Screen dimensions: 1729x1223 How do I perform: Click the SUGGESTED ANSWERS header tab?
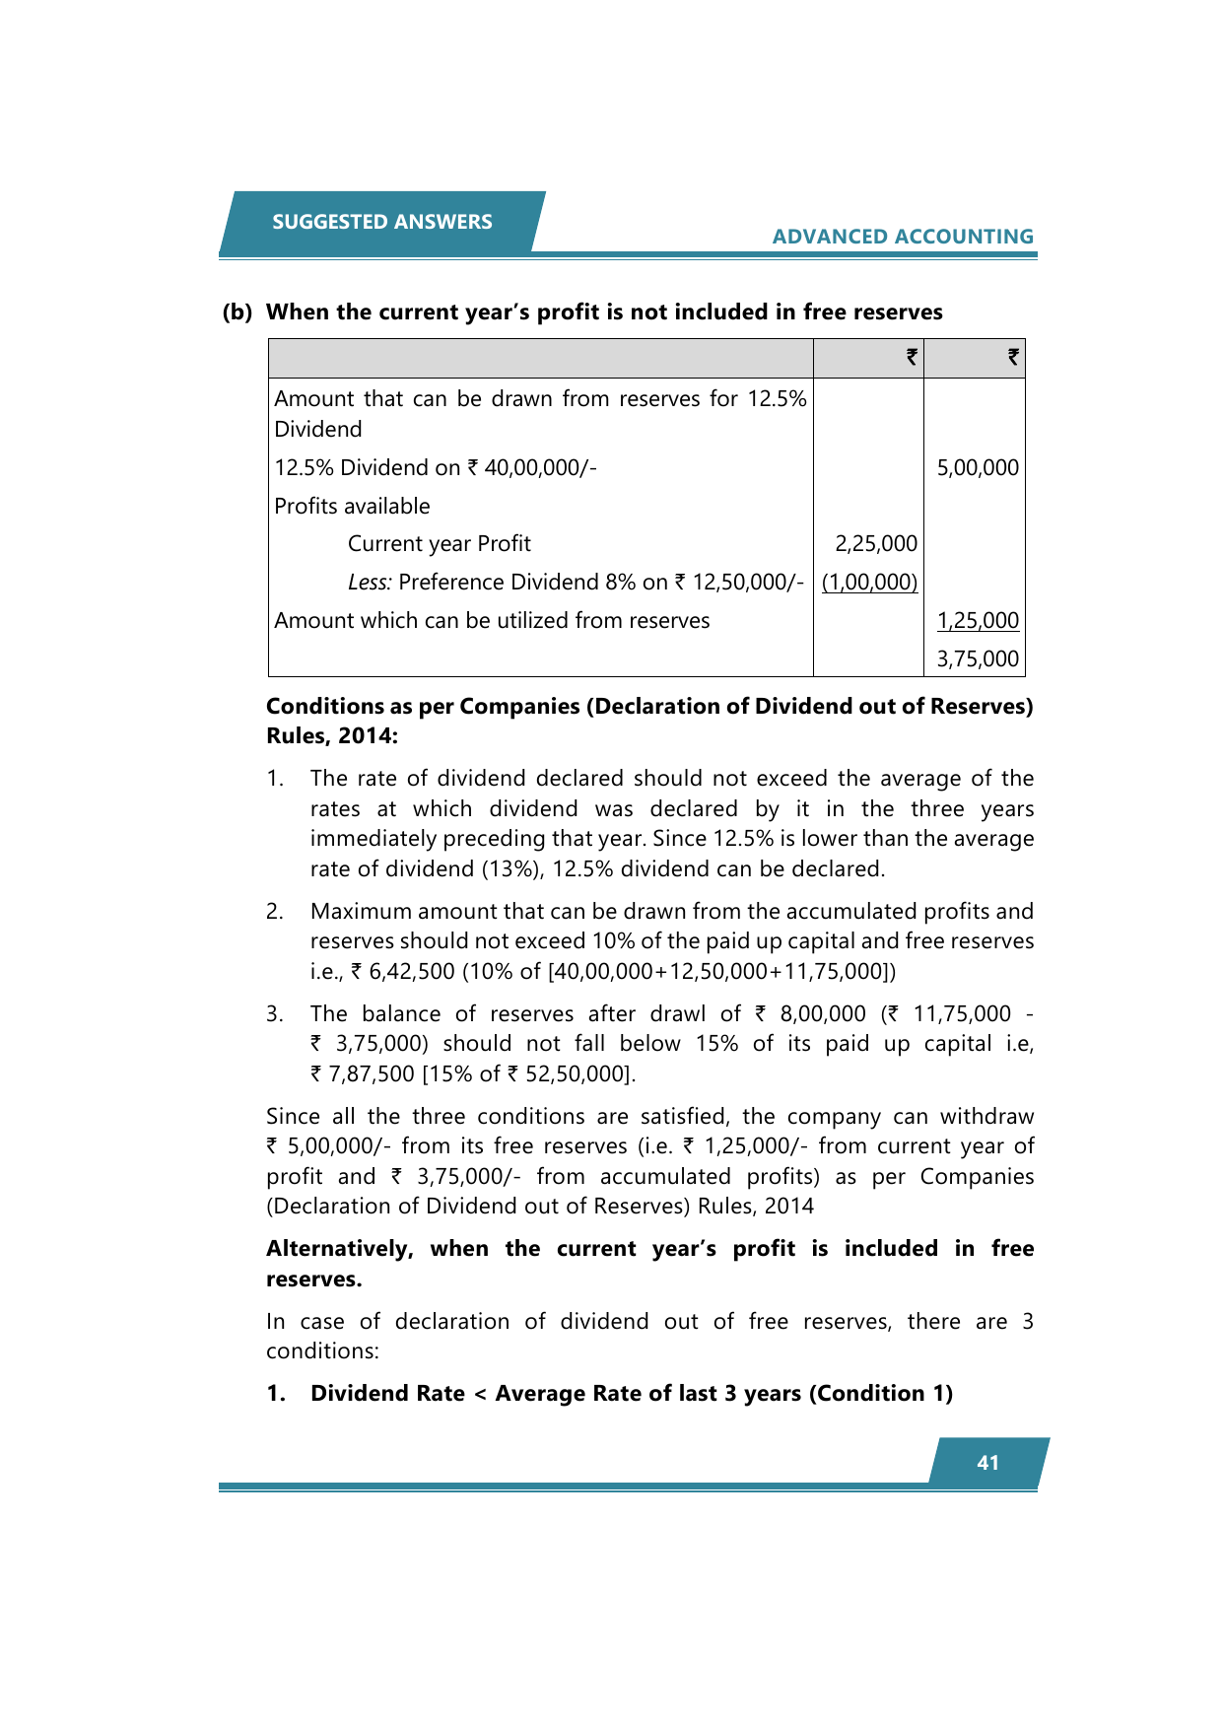tap(381, 222)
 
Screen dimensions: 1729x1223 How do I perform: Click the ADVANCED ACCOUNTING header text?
tap(902, 237)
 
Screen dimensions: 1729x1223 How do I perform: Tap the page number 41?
tap(987, 1463)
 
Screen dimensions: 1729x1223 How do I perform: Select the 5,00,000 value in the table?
tap(977, 468)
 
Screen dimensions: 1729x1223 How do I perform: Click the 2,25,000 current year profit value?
tap(875, 544)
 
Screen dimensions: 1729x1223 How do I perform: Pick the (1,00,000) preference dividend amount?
tap(869, 583)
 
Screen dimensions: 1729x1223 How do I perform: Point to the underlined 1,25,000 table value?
tap(977, 621)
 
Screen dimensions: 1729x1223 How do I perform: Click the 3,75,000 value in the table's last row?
tap(977, 659)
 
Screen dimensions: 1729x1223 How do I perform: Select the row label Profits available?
tap(352, 507)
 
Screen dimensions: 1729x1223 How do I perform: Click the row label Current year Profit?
tap(439, 544)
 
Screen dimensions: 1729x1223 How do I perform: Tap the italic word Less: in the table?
tap(370, 583)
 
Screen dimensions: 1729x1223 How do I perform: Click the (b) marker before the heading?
tap(237, 312)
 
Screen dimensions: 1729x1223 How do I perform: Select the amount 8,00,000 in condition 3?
tap(822, 1014)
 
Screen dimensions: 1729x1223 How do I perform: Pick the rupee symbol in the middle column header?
tap(912, 358)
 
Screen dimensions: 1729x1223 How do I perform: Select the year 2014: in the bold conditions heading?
tap(368, 736)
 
